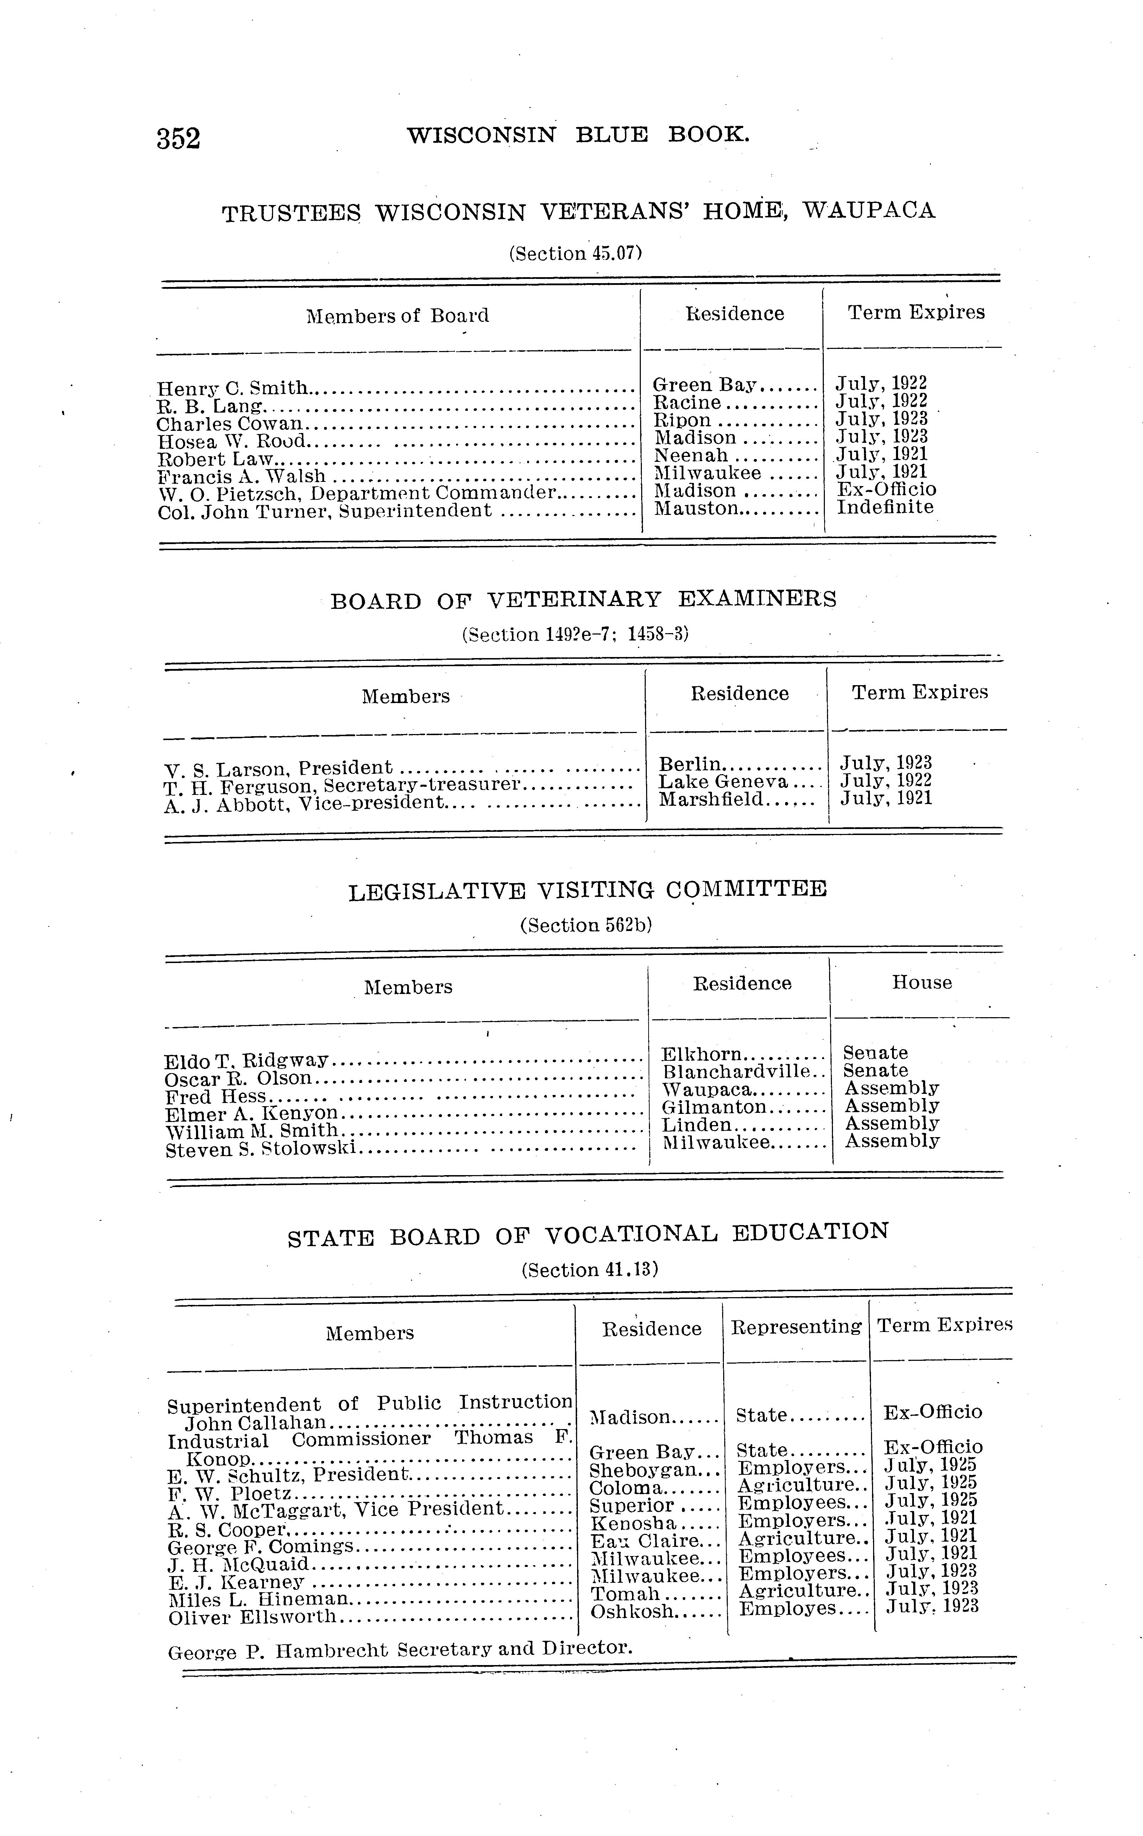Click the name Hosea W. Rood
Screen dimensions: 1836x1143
231,441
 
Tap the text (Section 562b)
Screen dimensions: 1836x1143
586,925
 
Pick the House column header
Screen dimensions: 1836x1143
922,982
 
